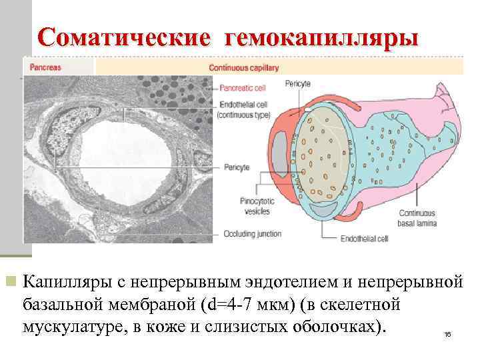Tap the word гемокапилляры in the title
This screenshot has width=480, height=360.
pos(323,37)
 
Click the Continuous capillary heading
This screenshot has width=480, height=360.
pos(243,67)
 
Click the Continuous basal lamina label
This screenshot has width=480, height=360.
pos(417,219)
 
